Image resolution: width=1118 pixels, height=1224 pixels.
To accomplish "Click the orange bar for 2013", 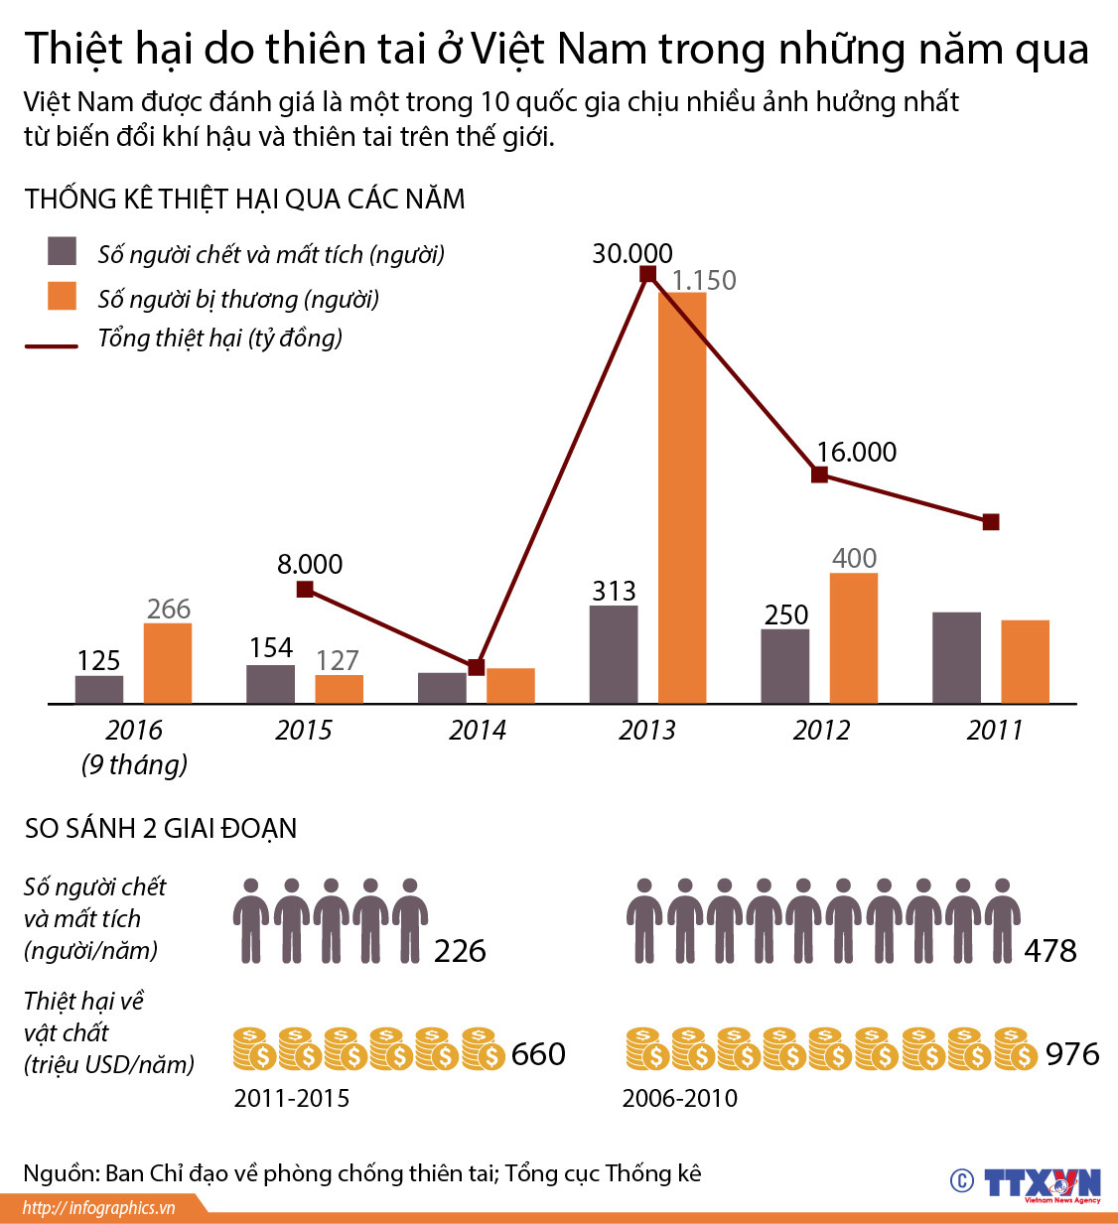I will coord(682,497).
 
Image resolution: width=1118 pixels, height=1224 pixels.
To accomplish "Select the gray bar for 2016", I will coord(99,689).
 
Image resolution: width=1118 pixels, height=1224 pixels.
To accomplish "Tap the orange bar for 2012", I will coord(854,638).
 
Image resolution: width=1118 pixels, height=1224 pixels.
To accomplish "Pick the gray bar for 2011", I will coord(956,657).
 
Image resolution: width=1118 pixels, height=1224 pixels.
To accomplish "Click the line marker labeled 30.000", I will coord(647,275).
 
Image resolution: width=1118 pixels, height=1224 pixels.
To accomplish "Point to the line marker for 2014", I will coord(476,667).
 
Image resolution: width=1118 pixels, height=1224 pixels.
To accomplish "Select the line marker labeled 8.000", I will coord(305,590).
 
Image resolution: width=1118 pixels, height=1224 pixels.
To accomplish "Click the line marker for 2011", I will coord(990,522).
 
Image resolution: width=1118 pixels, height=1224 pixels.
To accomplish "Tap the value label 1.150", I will coord(704,280).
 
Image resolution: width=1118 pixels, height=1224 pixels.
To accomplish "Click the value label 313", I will coord(614,591).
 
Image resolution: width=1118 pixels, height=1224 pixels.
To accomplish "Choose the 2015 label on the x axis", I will coord(304,730).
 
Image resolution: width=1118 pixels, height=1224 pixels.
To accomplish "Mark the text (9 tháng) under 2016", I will coord(134,764).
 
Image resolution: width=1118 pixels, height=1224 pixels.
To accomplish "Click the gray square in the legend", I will coord(63,251).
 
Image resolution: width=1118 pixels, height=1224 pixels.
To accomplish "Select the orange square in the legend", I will coord(63,296).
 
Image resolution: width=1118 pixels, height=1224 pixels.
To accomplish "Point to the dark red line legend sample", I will coord(52,346).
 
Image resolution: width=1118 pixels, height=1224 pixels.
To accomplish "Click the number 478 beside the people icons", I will coord(1049,951).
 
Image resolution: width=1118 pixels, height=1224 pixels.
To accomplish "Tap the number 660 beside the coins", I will coord(538,1053).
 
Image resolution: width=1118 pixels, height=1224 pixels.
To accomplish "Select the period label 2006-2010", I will coord(680,1098).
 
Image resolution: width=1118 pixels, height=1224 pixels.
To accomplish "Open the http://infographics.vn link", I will coord(99,1207).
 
